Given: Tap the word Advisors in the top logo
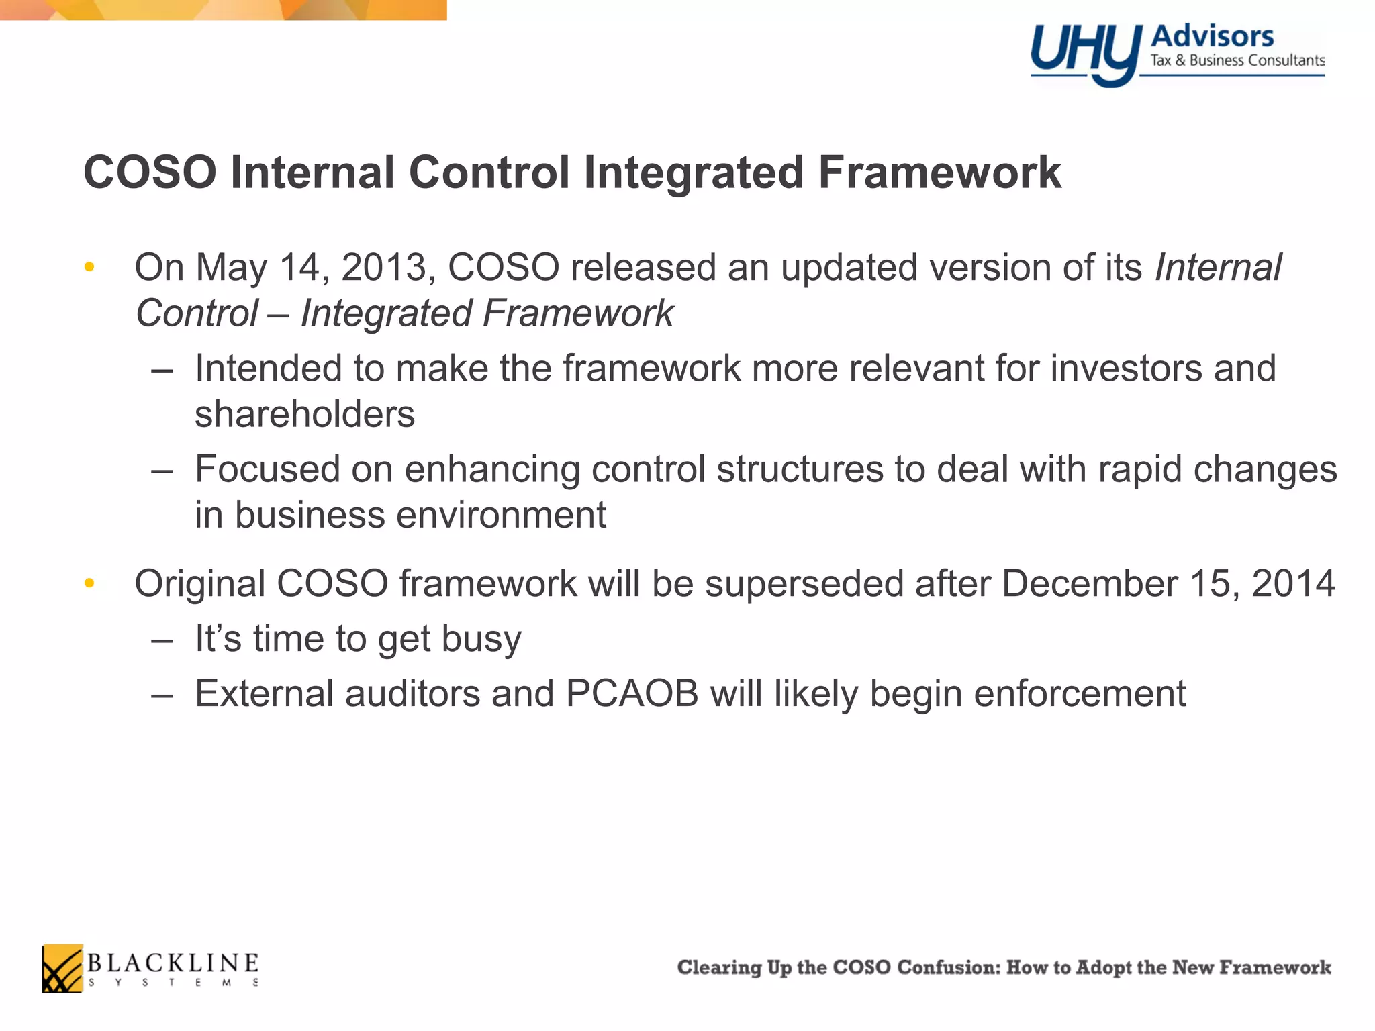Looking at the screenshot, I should pyautogui.click(x=1212, y=36).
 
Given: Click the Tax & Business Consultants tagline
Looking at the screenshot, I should pyautogui.click(x=1237, y=60).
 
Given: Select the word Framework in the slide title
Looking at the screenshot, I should pyautogui.click(x=939, y=173).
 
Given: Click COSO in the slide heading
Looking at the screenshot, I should pyautogui.click(x=150, y=173).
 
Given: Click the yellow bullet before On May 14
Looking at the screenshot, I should pyautogui.click(x=89, y=268).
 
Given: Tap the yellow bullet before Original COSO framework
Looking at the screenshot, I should pyautogui.click(x=89, y=583).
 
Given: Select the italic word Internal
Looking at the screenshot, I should pyautogui.click(x=1218, y=267).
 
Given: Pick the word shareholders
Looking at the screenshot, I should pyautogui.click(x=305, y=413).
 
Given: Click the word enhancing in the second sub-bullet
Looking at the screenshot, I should pyautogui.click(x=492, y=469).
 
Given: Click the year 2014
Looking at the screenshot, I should pyautogui.click(x=1293, y=583).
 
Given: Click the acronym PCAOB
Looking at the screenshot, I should pyautogui.click(x=632, y=693).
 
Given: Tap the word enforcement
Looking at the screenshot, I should pyautogui.click(x=1080, y=693).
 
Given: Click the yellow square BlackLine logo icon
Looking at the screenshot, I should pyautogui.click(x=62, y=968).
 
